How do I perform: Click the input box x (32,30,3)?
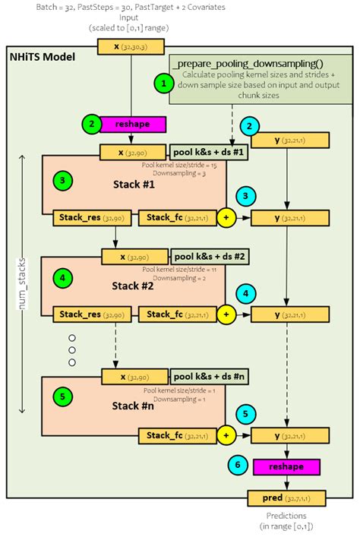coord(131,46)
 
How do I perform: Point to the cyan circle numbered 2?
coord(249,125)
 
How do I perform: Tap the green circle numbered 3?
coord(63,182)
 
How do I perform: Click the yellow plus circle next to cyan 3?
coord(225,218)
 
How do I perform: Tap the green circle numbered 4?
coord(63,279)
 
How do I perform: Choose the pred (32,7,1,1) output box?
coord(286,498)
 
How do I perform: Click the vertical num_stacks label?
coord(23,283)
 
